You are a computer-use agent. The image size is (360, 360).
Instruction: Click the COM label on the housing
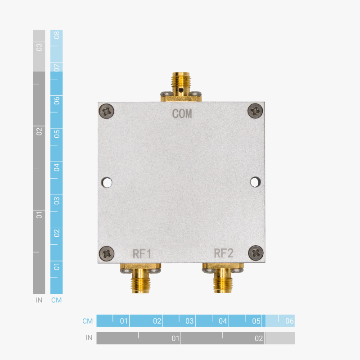tap(182, 114)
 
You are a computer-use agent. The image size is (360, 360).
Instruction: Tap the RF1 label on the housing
tap(141, 253)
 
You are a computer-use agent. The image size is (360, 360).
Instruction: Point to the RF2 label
tap(223, 253)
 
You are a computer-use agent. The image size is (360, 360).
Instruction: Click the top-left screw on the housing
tap(107, 111)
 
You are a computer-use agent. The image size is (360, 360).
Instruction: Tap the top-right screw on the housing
tap(255, 110)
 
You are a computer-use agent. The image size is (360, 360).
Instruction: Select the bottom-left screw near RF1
tap(107, 253)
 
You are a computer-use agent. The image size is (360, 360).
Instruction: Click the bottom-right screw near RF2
tap(255, 253)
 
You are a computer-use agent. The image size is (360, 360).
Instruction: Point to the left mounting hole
tap(107, 182)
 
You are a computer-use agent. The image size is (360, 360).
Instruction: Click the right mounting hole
tap(255, 182)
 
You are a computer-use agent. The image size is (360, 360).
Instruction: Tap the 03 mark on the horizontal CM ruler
tap(189, 321)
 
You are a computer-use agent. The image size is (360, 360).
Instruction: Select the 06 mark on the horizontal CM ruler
tap(289, 321)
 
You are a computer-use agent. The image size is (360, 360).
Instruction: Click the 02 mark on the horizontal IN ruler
tap(259, 338)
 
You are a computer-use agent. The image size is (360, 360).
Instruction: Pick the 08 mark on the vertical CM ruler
tap(57, 36)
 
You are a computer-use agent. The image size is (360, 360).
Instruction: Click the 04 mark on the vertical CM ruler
tap(57, 167)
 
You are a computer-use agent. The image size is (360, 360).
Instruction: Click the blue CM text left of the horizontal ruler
tap(87, 321)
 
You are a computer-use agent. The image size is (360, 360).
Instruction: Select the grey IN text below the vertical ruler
tap(39, 300)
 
